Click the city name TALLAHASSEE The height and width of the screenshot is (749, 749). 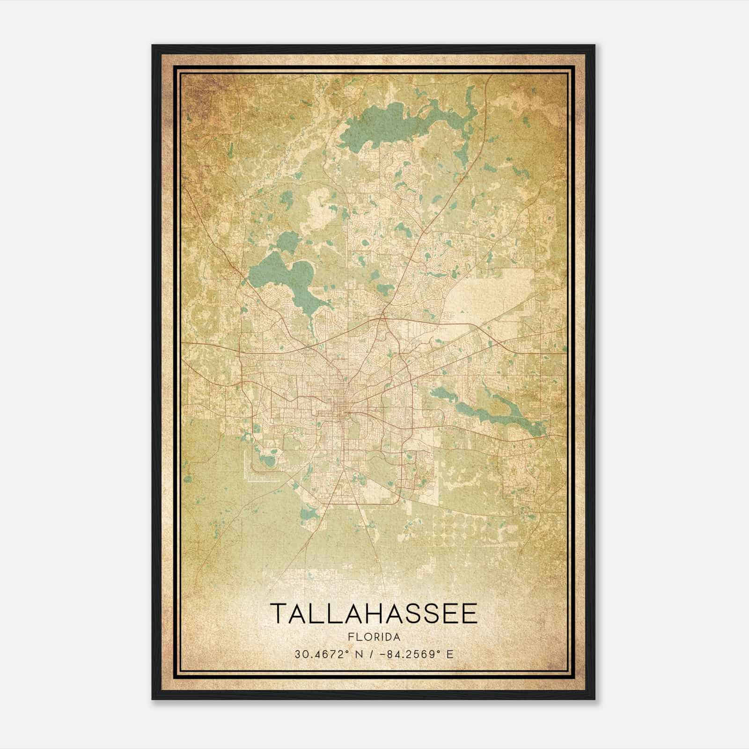click(374, 613)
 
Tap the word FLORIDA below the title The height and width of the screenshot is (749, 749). click(374, 637)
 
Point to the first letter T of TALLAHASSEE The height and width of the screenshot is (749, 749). click(278, 613)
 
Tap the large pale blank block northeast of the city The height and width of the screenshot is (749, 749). click(496, 293)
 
